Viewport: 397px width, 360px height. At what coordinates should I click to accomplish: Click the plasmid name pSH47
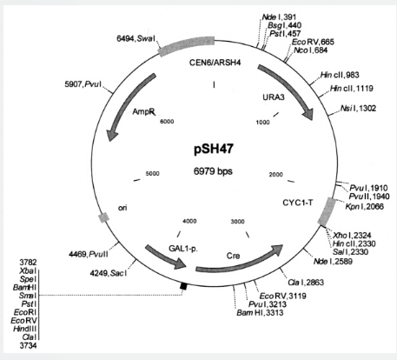pyautogui.click(x=214, y=150)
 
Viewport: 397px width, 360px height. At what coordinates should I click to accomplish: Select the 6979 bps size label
pyautogui.click(x=213, y=171)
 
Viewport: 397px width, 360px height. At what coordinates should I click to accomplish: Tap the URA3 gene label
pyautogui.click(x=274, y=97)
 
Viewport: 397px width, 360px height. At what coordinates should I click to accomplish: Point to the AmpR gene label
pyautogui.click(x=143, y=111)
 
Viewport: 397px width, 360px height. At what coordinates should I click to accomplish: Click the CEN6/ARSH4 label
pyautogui.click(x=215, y=63)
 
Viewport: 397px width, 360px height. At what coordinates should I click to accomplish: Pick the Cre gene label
pyautogui.click(x=233, y=256)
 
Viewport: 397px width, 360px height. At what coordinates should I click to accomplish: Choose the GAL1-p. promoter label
pyautogui.click(x=183, y=249)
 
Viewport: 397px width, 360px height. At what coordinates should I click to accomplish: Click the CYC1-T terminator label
pyautogui.click(x=298, y=203)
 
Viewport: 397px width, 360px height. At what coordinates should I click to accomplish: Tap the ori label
pyautogui.click(x=122, y=208)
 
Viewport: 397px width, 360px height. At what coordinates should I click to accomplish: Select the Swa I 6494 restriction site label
pyautogui.click(x=136, y=38)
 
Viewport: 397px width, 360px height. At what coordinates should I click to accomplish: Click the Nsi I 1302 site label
pyautogui.click(x=358, y=109)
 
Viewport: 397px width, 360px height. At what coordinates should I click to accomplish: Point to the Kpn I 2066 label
pyautogui.click(x=365, y=206)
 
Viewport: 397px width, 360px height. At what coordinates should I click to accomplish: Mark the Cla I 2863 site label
pyautogui.click(x=306, y=283)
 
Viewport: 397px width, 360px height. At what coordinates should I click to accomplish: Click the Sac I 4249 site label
pyautogui.click(x=109, y=273)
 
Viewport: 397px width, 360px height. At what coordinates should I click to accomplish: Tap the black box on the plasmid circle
pyautogui.click(x=183, y=286)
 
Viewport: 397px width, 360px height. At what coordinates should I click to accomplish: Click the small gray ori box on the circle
pyautogui.click(x=103, y=217)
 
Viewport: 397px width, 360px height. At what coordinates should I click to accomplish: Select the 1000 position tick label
pyautogui.click(x=262, y=123)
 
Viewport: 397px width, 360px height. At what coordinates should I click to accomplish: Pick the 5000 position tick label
pyautogui.click(x=152, y=174)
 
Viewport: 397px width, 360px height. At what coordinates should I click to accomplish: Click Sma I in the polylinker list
pyautogui.click(x=28, y=296)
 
